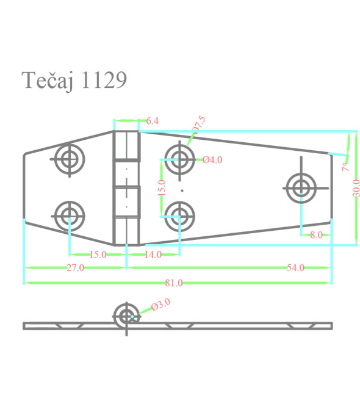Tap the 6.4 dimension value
pos(153,121)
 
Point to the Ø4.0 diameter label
pos(212,160)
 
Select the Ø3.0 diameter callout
pos(160,304)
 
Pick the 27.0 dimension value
pos(75,268)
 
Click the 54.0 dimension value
pos(295,268)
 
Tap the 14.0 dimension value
pos(153,255)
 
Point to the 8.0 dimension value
pos(316,234)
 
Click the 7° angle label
pos(345,165)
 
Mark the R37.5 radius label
pos(199,124)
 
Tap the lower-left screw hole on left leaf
pos(68,214)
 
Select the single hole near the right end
pos(301,188)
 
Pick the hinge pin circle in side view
pos(127,316)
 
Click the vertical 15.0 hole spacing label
pos(161,187)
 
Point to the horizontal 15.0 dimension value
pos(98,255)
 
